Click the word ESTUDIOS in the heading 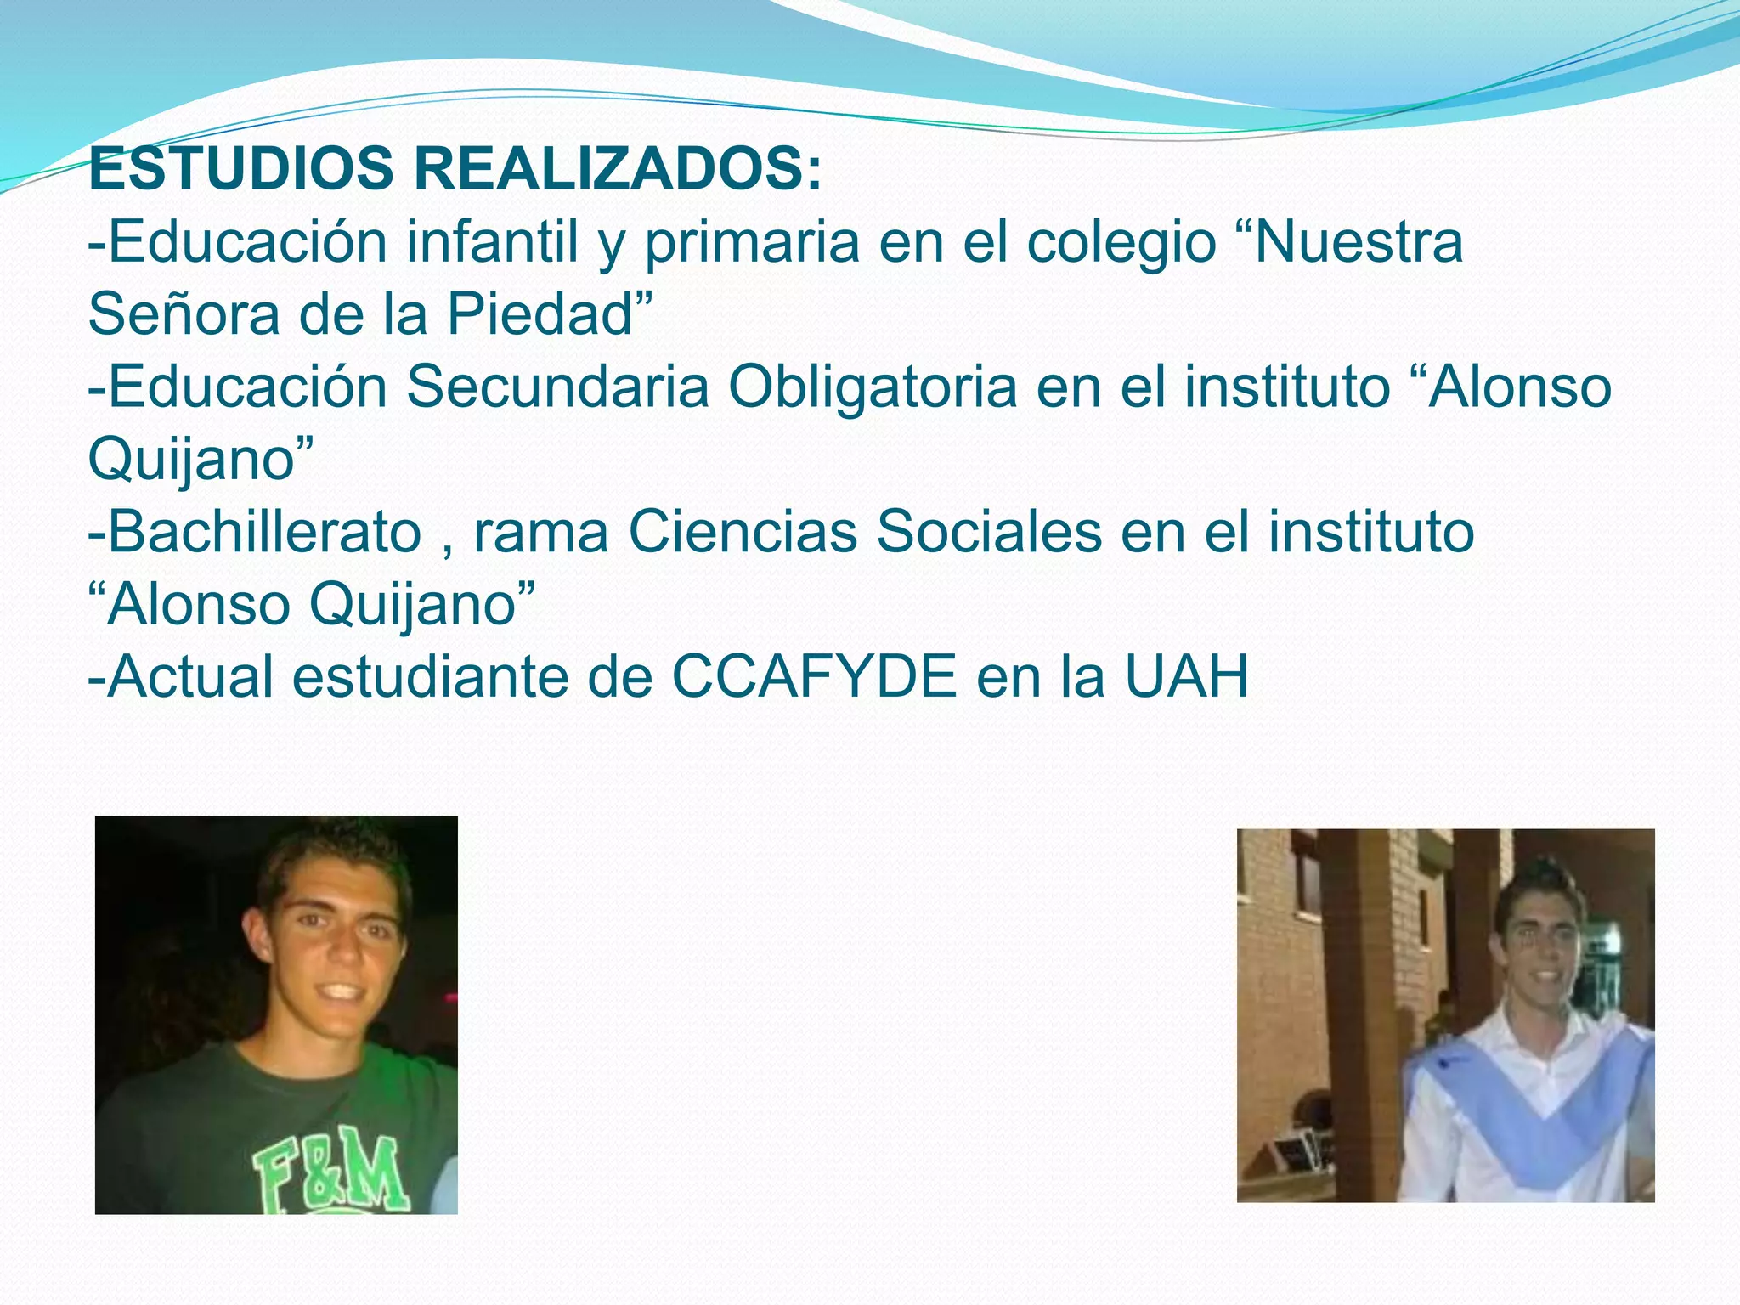click(x=240, y=169)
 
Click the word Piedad click(x=540, y=314)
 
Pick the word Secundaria click(x=556, y=387)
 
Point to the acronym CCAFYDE click(x=815, y=677)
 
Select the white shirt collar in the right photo click(x=1529, y=1032)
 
